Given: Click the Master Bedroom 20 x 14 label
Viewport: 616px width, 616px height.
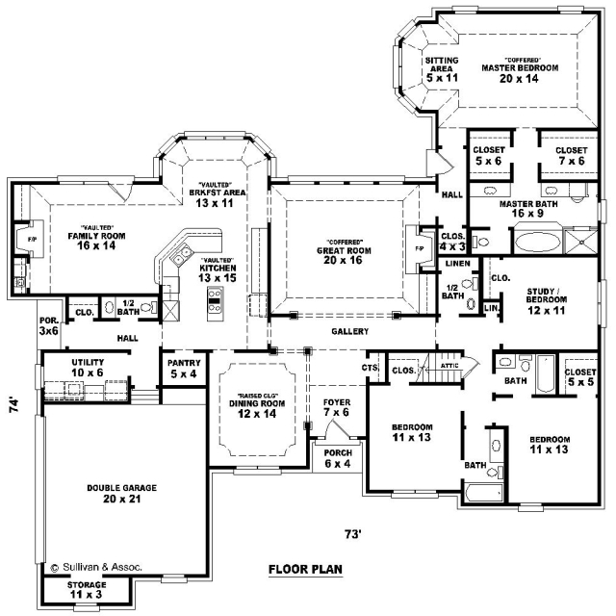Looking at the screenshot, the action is [520, 70].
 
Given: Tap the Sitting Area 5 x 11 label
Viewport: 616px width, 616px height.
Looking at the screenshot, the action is [442, 69].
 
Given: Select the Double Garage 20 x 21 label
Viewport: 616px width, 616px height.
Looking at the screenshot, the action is [122, 494].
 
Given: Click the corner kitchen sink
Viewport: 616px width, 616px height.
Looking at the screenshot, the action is [180, 254].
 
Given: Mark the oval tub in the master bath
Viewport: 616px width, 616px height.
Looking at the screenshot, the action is [537, 242].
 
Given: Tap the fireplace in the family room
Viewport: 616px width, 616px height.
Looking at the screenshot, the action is [30, 239].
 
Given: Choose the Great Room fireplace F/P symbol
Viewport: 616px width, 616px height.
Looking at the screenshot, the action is [419, 248].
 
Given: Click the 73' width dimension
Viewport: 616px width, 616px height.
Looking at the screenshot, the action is [353, 534].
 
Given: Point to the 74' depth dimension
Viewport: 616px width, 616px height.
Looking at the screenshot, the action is [14, 405].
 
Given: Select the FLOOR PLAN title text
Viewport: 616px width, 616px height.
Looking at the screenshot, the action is [305, 569].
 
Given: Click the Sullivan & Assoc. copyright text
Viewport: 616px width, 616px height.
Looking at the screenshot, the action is [96, 567].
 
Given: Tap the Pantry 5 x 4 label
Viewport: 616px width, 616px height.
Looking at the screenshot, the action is [184, 368].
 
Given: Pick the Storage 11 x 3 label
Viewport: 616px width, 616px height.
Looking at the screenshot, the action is [87, 590].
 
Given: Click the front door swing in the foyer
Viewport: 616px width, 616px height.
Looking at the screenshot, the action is [337, 428].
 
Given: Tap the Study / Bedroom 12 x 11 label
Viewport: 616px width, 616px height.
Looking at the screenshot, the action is [547, 301].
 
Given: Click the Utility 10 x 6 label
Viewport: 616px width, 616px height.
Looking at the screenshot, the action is [88, 368].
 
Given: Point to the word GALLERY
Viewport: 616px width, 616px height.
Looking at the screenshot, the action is [349, 331].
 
